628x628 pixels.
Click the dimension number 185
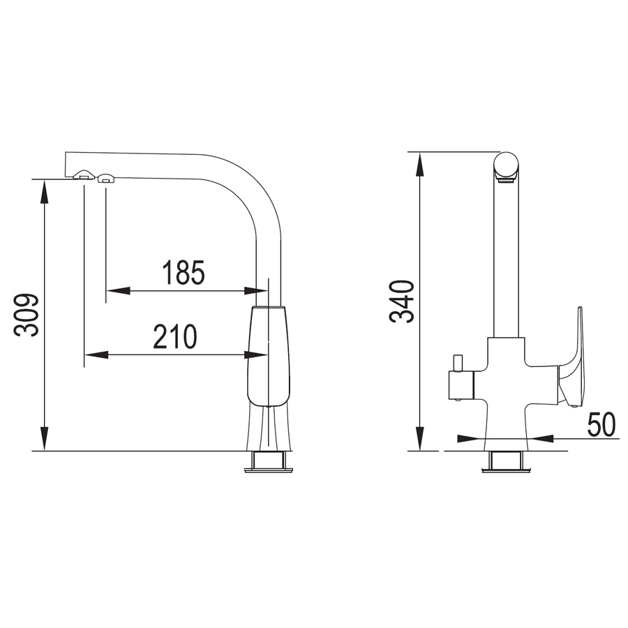[x=184, y=272]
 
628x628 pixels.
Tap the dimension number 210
[x=175, y=336]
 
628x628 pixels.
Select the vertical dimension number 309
[x=27, y=315]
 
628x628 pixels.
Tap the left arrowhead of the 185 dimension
[x=118, y=290]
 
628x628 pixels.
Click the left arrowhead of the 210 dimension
[x=96, y=354]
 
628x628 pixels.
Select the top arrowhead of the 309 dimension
[x=45, y=191]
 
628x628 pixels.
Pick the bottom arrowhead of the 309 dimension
[x=45, y=439]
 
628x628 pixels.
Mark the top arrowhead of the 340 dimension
[x=419, y=164]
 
